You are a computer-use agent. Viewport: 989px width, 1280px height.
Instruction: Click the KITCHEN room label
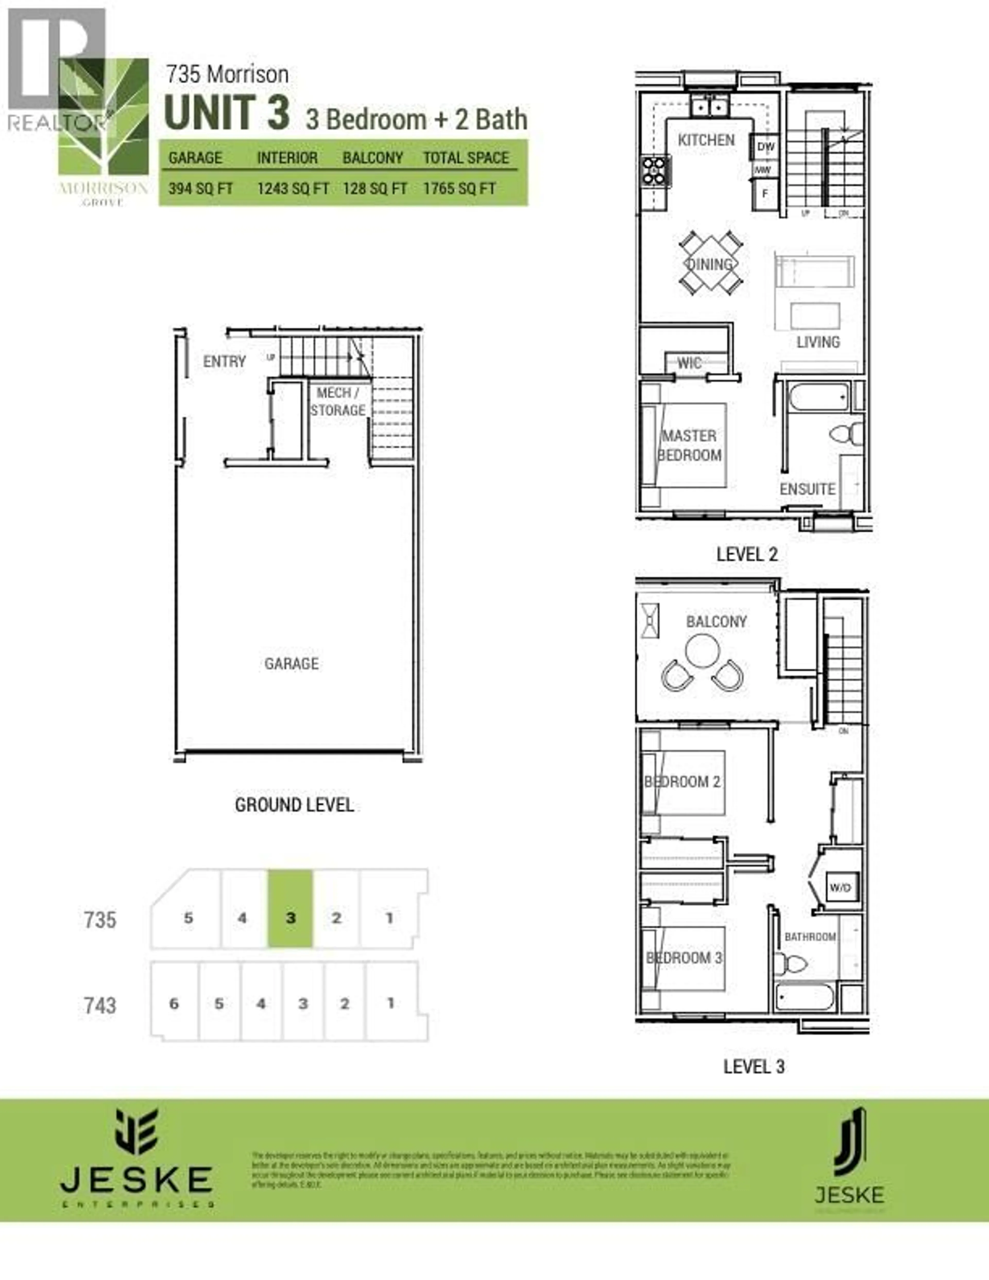click(x=706, y=140)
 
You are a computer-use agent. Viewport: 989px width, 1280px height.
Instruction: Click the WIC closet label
click(x=689, y=363)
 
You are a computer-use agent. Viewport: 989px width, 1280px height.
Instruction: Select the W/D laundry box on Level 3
click(x=840, y=887)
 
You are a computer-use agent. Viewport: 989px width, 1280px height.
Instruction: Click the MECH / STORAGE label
click(x=337, y=402)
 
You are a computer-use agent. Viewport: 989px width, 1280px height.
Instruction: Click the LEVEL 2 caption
click(x=747, y=554)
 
